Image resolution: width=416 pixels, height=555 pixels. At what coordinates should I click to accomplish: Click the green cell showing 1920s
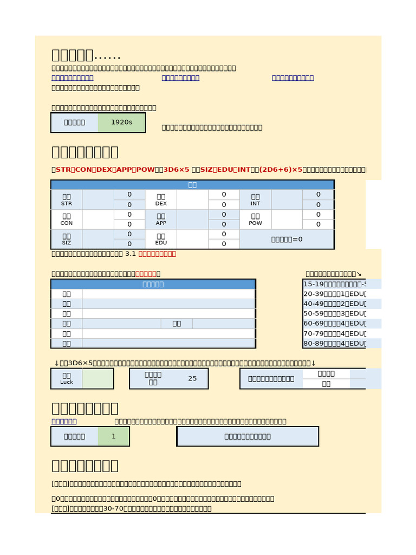121,122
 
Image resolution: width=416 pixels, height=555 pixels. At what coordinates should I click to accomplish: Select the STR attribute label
67,199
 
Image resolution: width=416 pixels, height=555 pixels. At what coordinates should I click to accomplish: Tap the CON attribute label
67,219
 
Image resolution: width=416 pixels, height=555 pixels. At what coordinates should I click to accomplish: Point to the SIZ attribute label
67,239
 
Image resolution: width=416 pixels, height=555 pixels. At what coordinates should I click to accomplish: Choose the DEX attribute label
161,199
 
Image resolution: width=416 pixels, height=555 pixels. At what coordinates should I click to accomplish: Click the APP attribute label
161,219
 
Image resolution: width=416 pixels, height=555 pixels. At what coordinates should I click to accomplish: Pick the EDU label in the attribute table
161,239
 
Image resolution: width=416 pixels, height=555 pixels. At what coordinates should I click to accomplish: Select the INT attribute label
256,199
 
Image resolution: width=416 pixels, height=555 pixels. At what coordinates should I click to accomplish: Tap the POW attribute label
256,219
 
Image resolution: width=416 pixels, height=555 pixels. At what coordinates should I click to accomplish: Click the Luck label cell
67,378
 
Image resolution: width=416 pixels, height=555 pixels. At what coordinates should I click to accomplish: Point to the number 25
192,378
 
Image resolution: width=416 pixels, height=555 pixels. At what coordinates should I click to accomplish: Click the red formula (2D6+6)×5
281,170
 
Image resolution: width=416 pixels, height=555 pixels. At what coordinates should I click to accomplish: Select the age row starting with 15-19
334,284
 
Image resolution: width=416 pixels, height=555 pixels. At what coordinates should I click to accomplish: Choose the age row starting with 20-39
334,294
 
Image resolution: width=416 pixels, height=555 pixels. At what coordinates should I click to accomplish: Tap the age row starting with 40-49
334,304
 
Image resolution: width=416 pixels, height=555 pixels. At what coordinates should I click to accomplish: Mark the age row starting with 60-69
334,324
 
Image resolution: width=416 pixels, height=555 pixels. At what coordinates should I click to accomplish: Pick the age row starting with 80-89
334,343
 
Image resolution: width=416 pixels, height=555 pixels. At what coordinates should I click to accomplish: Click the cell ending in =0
287,239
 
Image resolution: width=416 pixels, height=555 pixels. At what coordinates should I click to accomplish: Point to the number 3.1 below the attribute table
131,254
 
